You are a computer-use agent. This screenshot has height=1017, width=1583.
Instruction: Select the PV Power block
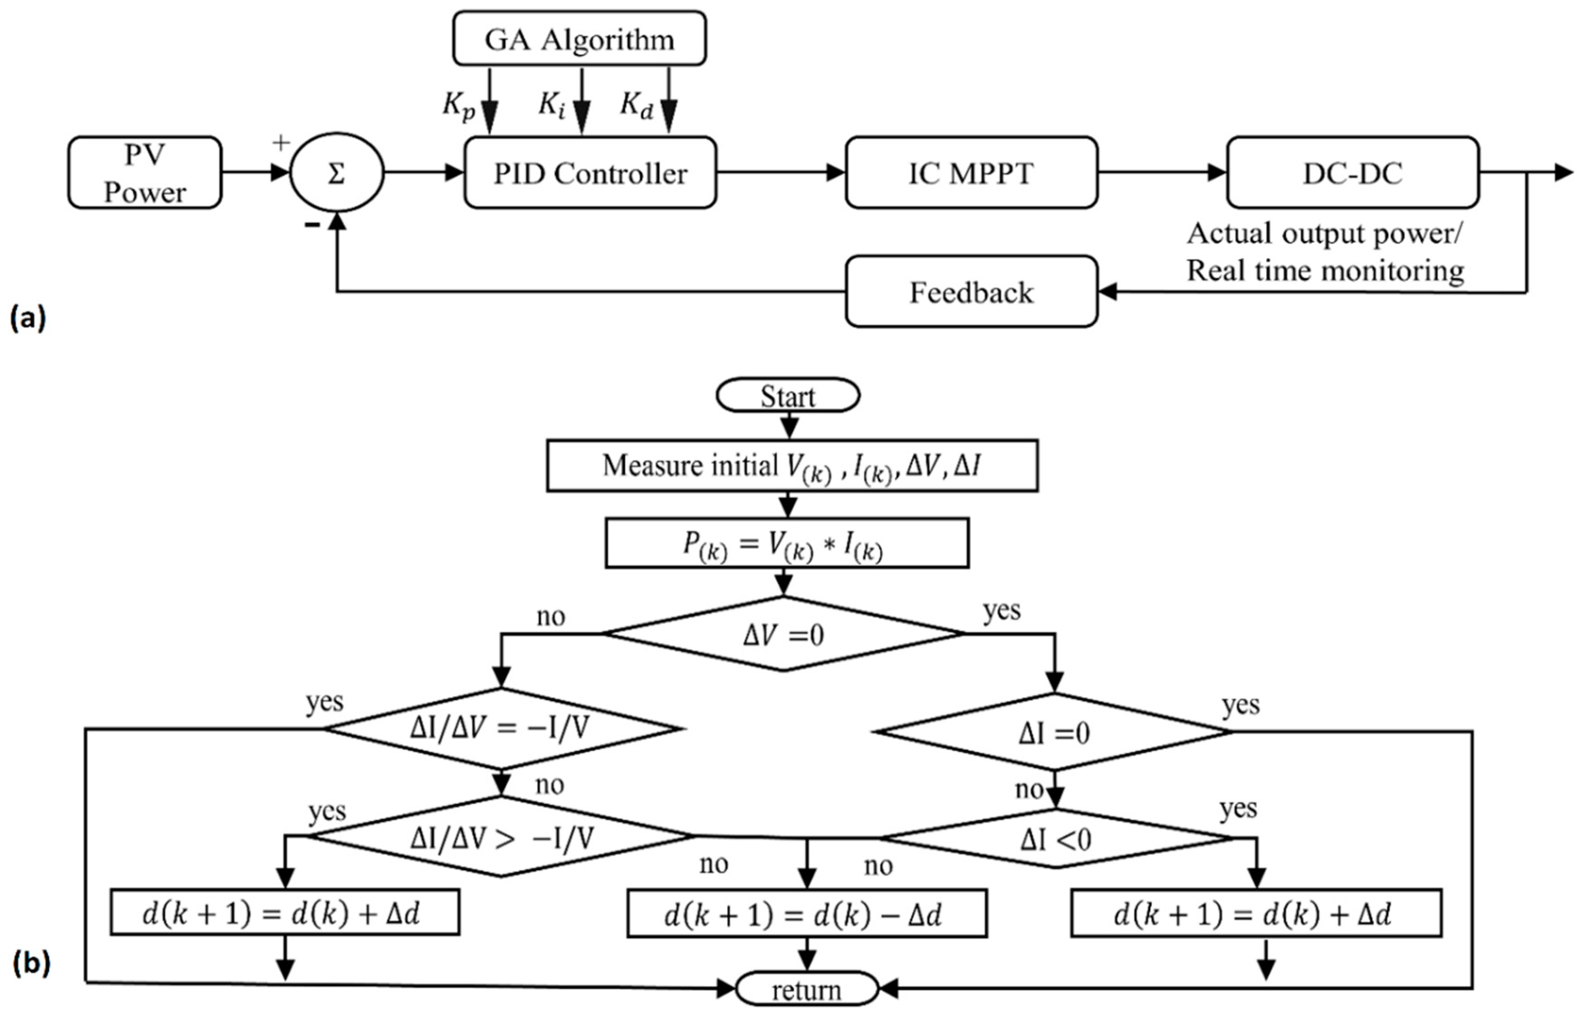(x=145, y=173)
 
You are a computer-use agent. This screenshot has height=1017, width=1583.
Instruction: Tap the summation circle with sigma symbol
(x=336, y=173)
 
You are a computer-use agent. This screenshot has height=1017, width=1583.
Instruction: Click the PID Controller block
(x=590, y=173)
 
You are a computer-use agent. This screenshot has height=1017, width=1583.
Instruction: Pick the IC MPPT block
(x=971, y=173)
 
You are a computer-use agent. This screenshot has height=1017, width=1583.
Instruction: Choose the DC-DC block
(x=1353, y=173)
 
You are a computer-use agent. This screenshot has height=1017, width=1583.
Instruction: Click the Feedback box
(x=971, y=292)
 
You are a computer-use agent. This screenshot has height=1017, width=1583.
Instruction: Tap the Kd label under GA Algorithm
(x=636, y=105)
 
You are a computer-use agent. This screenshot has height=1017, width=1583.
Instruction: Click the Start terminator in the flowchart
(x=787, y=396)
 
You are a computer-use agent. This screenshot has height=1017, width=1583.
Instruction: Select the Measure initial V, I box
(x=791, y=466)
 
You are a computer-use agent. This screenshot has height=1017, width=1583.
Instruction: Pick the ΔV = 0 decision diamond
(x=783, y=635)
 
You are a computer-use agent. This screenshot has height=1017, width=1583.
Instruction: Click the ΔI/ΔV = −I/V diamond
(x=501, y=728)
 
